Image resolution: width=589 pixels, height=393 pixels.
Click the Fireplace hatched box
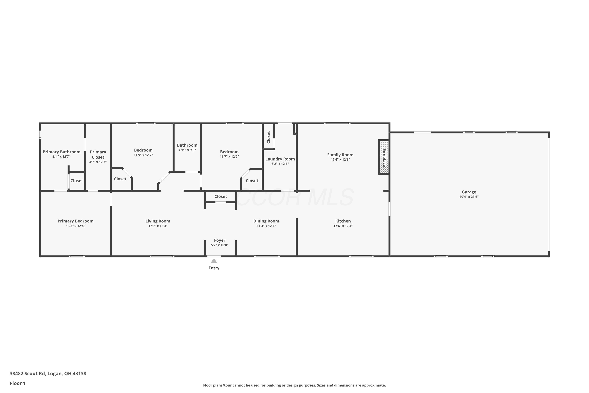point(384,157)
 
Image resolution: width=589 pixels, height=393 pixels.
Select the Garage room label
point(469,192)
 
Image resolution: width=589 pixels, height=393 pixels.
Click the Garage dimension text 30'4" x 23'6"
point(469,197)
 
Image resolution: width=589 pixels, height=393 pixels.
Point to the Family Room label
point(340,155)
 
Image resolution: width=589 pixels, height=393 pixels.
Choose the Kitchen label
point(343,221)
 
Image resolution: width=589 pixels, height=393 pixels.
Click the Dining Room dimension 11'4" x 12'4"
point(266,226)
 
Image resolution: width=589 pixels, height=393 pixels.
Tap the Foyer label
point(220,240)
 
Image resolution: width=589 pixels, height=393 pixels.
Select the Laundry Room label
point(280,159)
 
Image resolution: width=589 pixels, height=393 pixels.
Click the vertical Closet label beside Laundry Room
point(268,137)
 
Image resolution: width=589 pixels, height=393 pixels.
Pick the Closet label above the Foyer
point(221,196)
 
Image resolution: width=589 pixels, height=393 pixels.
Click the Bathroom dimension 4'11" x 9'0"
point(187,150)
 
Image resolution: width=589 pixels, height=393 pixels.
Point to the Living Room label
point(158,221)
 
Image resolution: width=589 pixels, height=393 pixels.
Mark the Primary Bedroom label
point(75,221)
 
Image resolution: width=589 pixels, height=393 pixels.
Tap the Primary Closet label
point(98,154)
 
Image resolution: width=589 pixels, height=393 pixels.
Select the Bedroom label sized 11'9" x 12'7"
point(143,150)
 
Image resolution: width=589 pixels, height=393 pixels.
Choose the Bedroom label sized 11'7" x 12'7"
point(229,152)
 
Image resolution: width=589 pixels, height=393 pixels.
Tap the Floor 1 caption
point(17,383)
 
